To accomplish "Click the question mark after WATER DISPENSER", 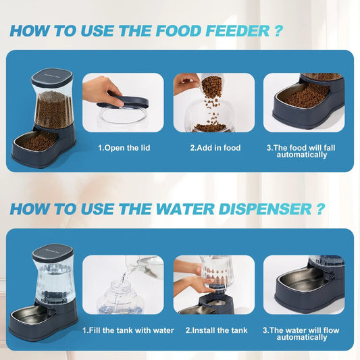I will point(319,209).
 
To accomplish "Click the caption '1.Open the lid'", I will point(123,147).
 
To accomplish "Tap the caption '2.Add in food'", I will point(214,147).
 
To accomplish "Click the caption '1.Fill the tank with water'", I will point(128,330).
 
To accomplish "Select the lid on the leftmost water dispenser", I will point(53,251).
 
